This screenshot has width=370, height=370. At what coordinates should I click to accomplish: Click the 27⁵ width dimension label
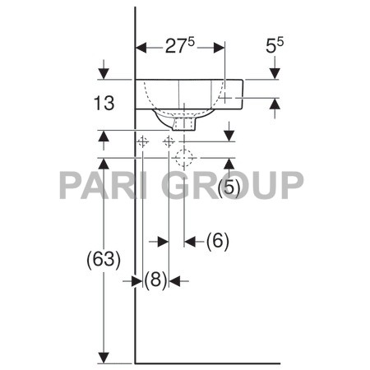178,47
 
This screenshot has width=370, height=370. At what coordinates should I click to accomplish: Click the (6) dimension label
216,241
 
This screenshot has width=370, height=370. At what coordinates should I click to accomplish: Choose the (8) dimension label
155,280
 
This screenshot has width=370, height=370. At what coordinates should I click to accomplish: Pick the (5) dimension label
230,188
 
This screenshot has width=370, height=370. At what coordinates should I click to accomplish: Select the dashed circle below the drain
185,155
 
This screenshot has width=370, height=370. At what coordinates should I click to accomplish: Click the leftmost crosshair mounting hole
142,142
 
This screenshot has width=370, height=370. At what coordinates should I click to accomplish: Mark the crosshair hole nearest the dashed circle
169,142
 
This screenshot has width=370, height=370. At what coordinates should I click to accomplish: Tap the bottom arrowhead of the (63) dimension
104,357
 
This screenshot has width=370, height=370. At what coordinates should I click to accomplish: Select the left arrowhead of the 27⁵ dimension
141,47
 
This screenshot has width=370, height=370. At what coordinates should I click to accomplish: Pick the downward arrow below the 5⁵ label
276,74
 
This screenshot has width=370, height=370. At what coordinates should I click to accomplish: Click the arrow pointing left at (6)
190,241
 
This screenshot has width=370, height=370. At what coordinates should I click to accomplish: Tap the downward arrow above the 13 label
104,74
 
